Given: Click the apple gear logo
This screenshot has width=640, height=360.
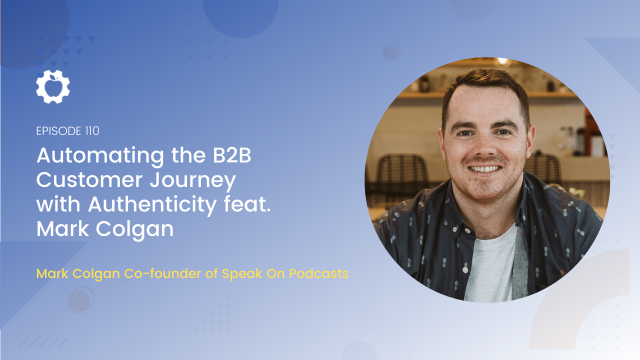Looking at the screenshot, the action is tap(53, 86).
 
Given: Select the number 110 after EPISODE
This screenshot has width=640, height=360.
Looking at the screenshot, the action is tap(92, 131).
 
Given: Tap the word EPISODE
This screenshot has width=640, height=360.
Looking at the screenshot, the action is tap(59, 131).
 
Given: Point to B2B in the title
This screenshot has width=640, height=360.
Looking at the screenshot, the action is tap(231, 155).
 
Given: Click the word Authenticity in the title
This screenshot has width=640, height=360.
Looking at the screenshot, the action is tap(152, 205).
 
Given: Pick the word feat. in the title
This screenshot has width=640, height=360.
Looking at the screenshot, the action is tap(247, 204).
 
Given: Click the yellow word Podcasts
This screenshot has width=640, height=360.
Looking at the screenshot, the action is tap(318, 273).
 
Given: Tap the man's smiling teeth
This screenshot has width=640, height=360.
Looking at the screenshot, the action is tap(485, 169).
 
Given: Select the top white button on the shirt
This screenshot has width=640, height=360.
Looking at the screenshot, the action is tap(467, 230).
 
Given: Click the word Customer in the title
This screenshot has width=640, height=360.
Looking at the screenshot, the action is tap(89, 180).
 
